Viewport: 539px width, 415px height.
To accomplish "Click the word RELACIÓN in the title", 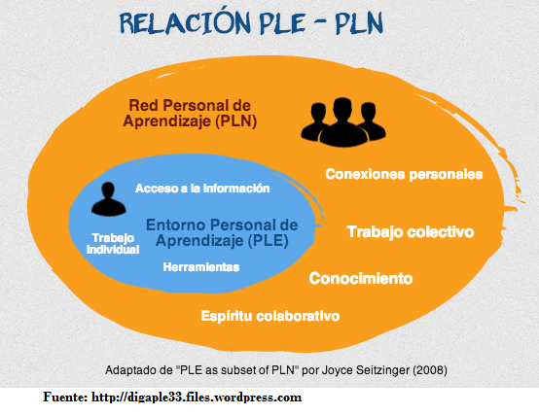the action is coord(185,22).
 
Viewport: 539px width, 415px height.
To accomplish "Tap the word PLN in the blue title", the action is coord(359,23).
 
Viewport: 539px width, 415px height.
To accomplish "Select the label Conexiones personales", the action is coord(404,174).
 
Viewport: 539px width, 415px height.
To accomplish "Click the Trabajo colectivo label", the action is coord(411,231).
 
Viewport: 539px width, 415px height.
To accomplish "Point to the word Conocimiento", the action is coord(361,278).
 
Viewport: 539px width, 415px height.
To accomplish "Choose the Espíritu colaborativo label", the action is coord(270,316).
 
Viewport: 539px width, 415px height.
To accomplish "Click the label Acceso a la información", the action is coord(202,189).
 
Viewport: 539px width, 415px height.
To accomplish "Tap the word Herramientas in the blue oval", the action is coord(201,266).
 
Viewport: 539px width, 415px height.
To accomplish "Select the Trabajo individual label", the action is coord(113,243).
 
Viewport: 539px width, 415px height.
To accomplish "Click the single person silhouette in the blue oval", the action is coord(108,199).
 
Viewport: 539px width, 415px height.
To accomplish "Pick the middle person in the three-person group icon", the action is coord(342,122).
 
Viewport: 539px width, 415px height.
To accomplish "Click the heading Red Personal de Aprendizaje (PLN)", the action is coord(190,114).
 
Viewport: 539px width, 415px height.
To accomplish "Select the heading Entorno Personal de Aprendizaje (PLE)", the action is coord(222,232).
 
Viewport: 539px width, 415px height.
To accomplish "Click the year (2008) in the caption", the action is coord(430,370).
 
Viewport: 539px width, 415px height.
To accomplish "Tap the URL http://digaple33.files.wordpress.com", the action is coord(197,398).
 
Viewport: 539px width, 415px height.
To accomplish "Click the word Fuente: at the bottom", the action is coord(65,397).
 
